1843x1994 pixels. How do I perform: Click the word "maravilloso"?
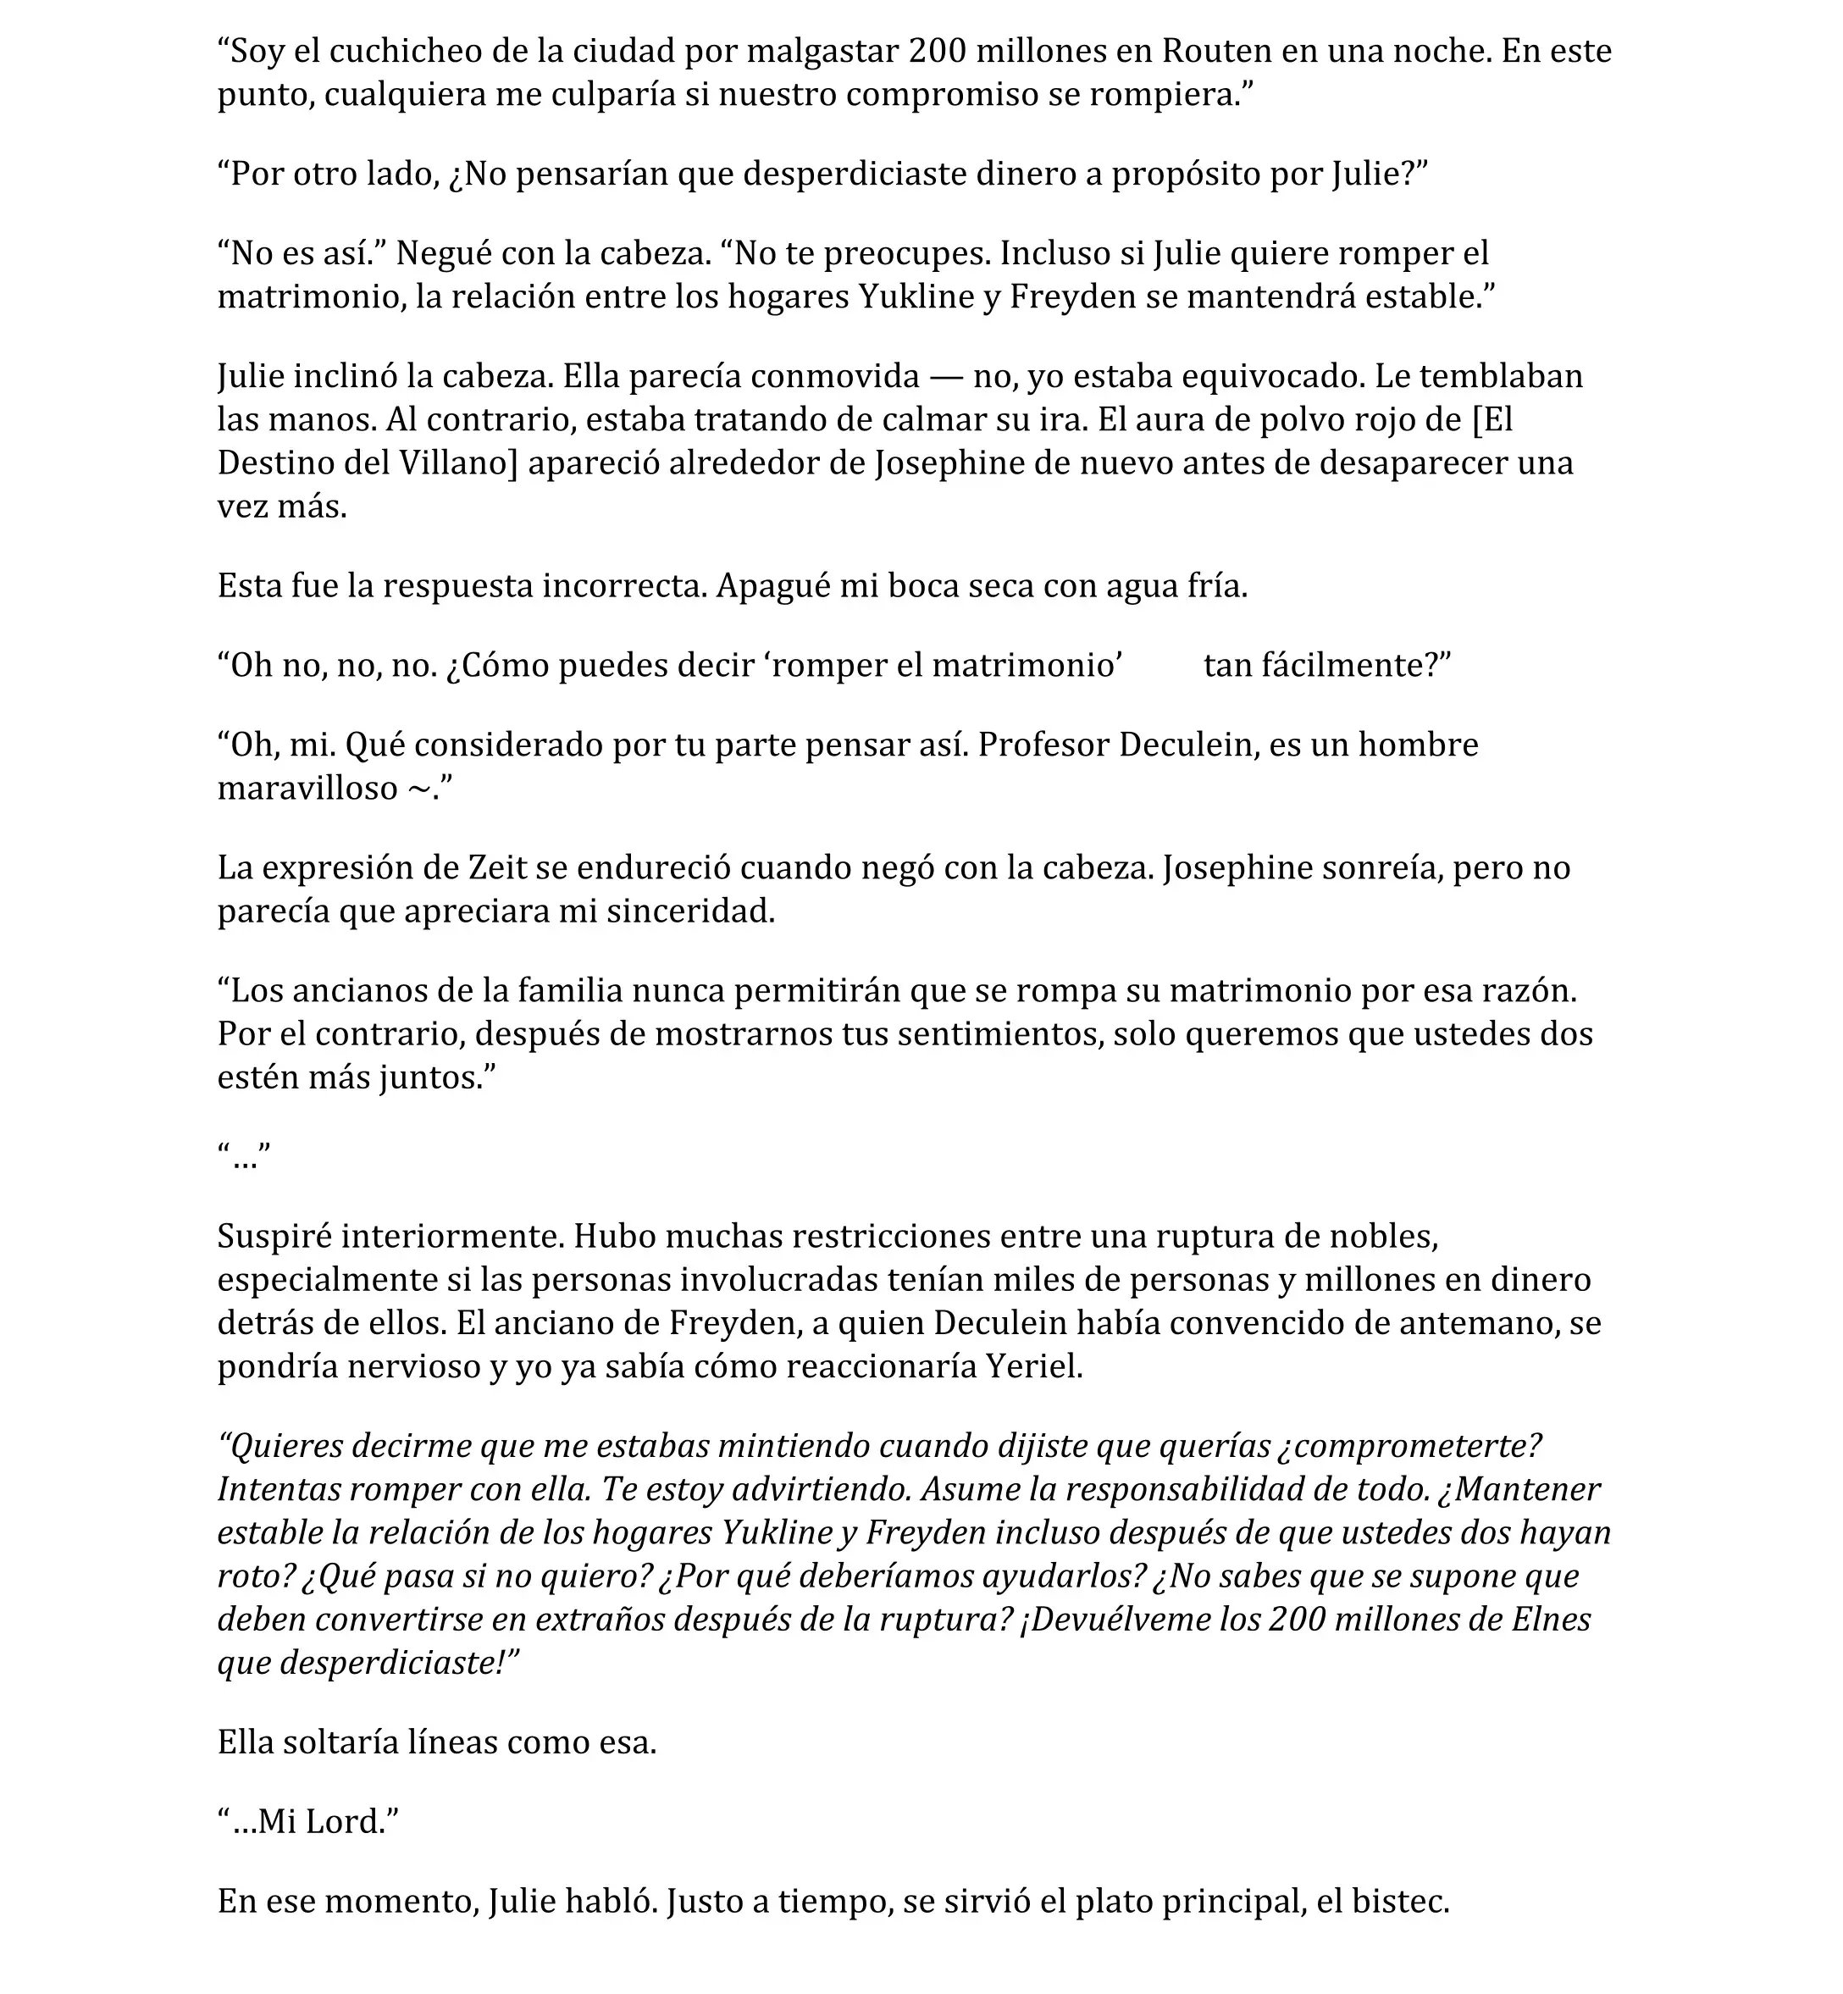(307, 788)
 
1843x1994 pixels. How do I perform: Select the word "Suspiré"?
(275, 1236)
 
